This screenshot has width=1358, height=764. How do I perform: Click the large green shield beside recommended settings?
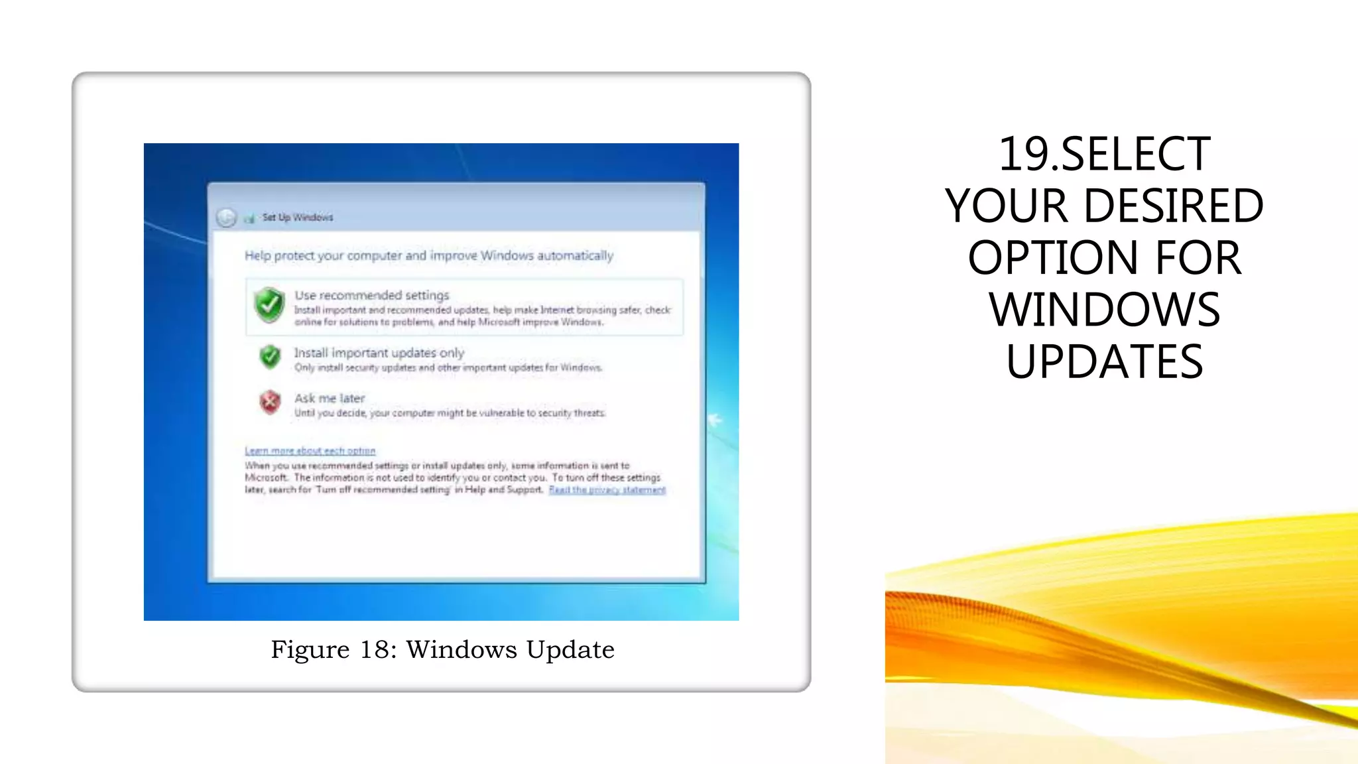coord(269,305)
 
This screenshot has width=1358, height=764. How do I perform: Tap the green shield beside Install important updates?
coord(270,357)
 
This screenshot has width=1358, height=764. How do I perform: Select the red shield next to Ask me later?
coord(270,402)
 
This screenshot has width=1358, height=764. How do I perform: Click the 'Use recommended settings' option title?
coord(371,295)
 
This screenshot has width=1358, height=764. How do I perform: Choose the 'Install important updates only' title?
coord(379,353)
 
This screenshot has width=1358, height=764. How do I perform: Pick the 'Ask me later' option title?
coord(330,398)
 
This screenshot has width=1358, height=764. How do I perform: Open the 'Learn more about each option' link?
coord(310,451)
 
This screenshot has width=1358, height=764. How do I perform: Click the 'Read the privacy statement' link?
coord(607,490)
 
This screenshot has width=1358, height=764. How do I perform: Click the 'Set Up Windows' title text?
coord(297,218)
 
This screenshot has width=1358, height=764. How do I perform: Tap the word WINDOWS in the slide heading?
coord(1104,310)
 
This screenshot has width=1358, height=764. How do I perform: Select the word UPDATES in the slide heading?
coord(1104,361)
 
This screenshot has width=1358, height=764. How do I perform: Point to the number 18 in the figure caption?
coord(374,650)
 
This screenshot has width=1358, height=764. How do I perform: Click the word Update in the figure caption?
coord(570,650)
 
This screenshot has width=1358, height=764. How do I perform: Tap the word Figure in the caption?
coord(310,650)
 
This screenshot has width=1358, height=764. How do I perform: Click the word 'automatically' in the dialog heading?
coord(575,256)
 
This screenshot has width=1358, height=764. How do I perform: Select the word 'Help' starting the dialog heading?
coord(258,256)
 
